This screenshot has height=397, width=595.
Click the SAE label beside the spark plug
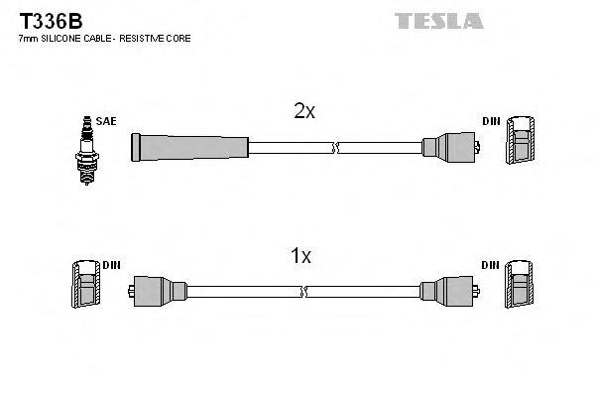[x=107, y=122]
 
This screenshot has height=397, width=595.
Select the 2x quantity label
[x=303, y=112]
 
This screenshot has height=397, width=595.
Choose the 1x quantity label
[x=299, y=257]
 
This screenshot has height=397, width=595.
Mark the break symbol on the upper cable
[x=334, y=148]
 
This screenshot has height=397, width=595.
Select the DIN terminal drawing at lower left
[x=84, y=287]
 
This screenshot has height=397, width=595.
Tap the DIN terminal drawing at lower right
[x=519, y=287]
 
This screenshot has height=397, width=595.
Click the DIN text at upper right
[x=490, y=122]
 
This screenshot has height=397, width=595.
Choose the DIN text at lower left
[x=111, y=266]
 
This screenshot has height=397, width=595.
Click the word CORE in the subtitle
[x=178, y=38]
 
